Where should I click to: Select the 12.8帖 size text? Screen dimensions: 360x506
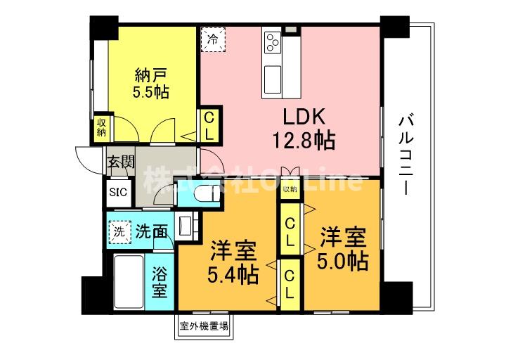[x=304, y=140]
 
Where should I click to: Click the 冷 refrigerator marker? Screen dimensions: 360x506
[x=212, y=39]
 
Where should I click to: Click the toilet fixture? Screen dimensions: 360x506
[x=202, y=193]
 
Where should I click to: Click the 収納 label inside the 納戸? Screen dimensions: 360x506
[x=101, y=127]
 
